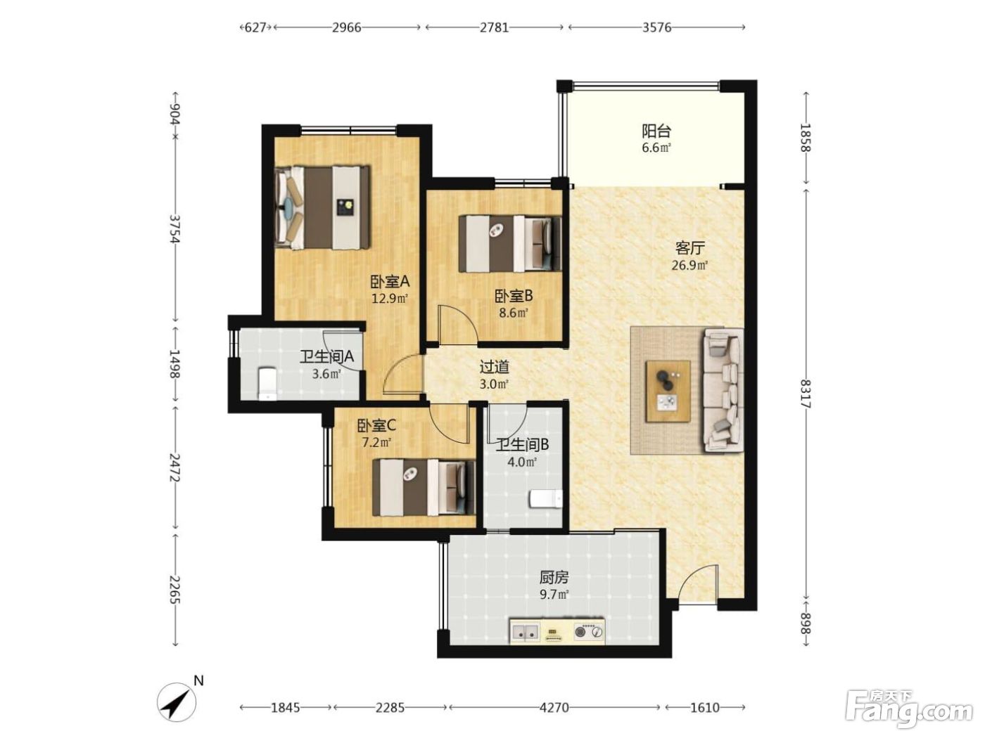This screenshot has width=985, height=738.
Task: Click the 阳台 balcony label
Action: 656,131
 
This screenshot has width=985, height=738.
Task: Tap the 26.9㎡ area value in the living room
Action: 689,265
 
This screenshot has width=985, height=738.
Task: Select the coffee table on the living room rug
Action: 667,391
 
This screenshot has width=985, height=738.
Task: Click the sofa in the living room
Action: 723,390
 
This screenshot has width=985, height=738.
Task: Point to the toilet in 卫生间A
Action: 267,383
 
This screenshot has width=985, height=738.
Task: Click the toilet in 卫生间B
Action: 546,499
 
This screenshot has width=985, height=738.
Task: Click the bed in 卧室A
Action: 322,207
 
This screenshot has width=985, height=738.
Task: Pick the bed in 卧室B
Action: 510,244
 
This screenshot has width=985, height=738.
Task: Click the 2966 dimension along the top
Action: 346,28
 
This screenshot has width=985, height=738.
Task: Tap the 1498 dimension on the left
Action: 174,364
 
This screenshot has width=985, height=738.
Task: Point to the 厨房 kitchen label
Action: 554,578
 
